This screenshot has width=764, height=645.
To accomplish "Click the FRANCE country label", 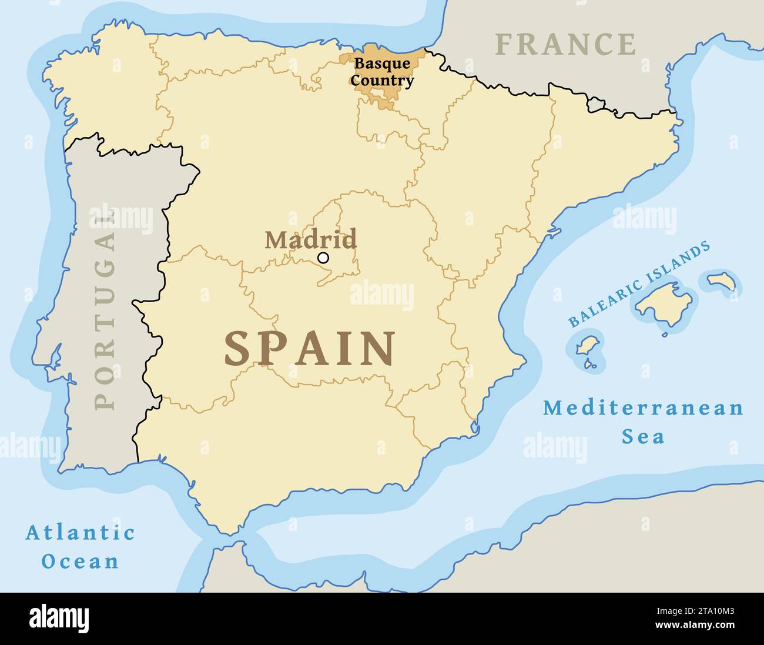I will (x=565, y=45).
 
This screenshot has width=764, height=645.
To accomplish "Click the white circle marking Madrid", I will (x=323, y=258).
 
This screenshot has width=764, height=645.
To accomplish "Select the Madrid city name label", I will (x=310, y=240).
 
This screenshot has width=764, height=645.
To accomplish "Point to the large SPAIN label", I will (x=310, y=349).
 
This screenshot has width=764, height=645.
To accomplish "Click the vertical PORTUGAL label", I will (x=105, y=311).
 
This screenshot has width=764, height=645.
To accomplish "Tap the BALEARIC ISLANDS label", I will (x=639, y=285).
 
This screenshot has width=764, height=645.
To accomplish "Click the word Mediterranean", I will (x=643, y=408).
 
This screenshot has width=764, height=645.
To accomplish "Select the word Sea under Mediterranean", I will (x=644, y=437).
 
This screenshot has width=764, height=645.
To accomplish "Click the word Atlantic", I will (x=81, y=533).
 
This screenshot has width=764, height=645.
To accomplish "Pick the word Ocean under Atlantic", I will (x=81, y=562).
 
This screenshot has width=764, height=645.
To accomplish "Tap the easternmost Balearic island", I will (x=722, y=281).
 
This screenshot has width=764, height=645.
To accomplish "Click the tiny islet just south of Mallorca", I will (x=665, y=335).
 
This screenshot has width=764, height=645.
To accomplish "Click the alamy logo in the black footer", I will (x=59, y=618).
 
